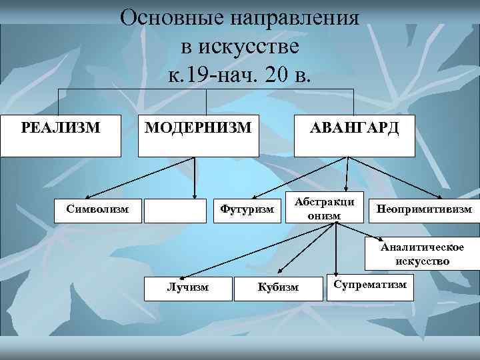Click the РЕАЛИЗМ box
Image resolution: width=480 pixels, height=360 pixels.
tap(61, 135)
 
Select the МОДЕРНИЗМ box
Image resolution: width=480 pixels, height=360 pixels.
tap(199, 135)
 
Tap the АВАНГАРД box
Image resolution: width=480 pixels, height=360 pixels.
tap(353, 135)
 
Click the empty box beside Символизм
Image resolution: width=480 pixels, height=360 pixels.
tap(175, 210)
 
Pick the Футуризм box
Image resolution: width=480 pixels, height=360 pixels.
tap(247, 210)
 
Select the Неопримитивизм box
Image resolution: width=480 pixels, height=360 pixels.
tap(424, 209)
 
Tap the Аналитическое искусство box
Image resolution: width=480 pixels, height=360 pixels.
tap(421, 254)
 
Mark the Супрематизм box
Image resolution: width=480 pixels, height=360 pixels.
tap(369, 285)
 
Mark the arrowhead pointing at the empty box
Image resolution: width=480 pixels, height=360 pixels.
tap(194, 196)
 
